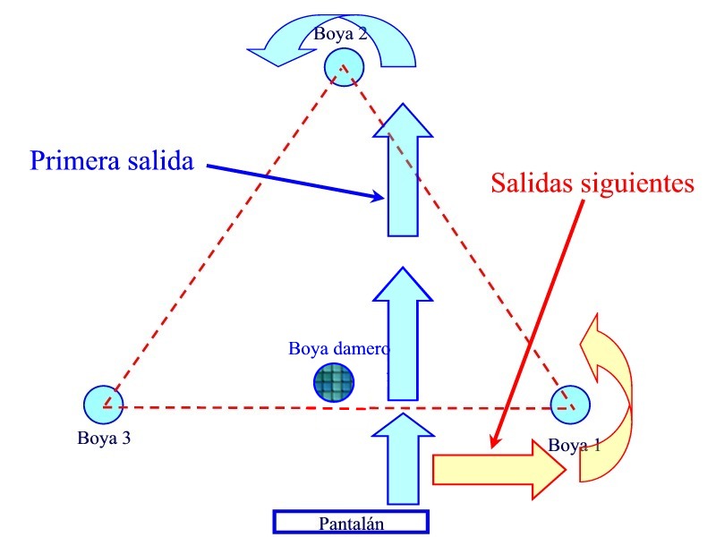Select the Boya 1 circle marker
[570, 405]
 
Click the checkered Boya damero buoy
[333, 383]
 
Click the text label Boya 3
[104, 439]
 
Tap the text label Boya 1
[574, 445]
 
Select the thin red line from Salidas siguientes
[537, 322]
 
